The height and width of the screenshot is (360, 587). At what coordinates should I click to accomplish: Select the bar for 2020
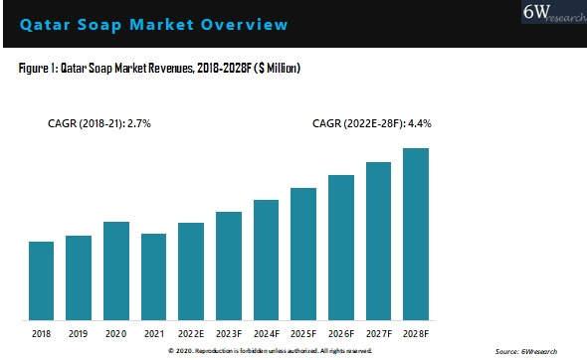click(x=116, y=270)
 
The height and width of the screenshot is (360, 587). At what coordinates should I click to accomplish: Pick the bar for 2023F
click(x=228, y=265)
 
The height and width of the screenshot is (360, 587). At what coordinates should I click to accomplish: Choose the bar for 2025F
click(x=303, y=253)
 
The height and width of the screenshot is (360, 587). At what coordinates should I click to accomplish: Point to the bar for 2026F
click(x=341, y=247)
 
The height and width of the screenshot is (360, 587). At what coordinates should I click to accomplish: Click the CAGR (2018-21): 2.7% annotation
click(x=99, y=124)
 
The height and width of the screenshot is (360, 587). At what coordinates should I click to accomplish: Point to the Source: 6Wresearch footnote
click(x=525, y=352)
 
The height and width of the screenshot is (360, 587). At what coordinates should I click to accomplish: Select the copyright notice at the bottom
click(x=271, y=351)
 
